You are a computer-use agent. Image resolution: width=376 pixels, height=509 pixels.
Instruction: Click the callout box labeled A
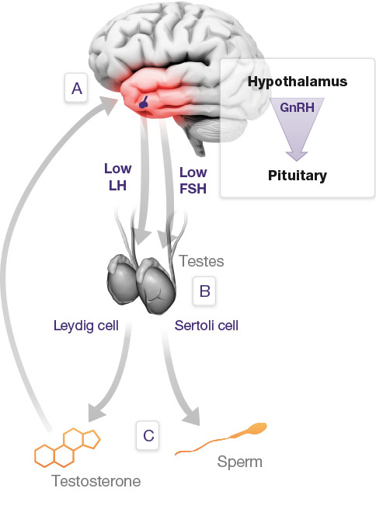pos(77,89)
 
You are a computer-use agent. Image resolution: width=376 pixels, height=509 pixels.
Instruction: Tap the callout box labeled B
pos(205,291)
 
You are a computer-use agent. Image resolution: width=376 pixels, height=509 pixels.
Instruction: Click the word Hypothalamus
pos(298,82)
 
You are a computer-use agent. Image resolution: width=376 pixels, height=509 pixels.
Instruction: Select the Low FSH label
pos(193,180)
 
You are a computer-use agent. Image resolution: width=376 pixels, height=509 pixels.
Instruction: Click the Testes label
pos(202,262)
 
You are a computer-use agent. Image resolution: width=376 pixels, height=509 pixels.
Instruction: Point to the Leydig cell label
pos(86,326)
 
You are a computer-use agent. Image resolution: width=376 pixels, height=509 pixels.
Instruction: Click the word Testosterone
pos(96,481)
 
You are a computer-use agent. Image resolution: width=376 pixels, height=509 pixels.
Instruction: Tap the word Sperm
pos(238,462)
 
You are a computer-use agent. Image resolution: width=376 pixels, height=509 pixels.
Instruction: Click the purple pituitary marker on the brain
pos(144,102)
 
